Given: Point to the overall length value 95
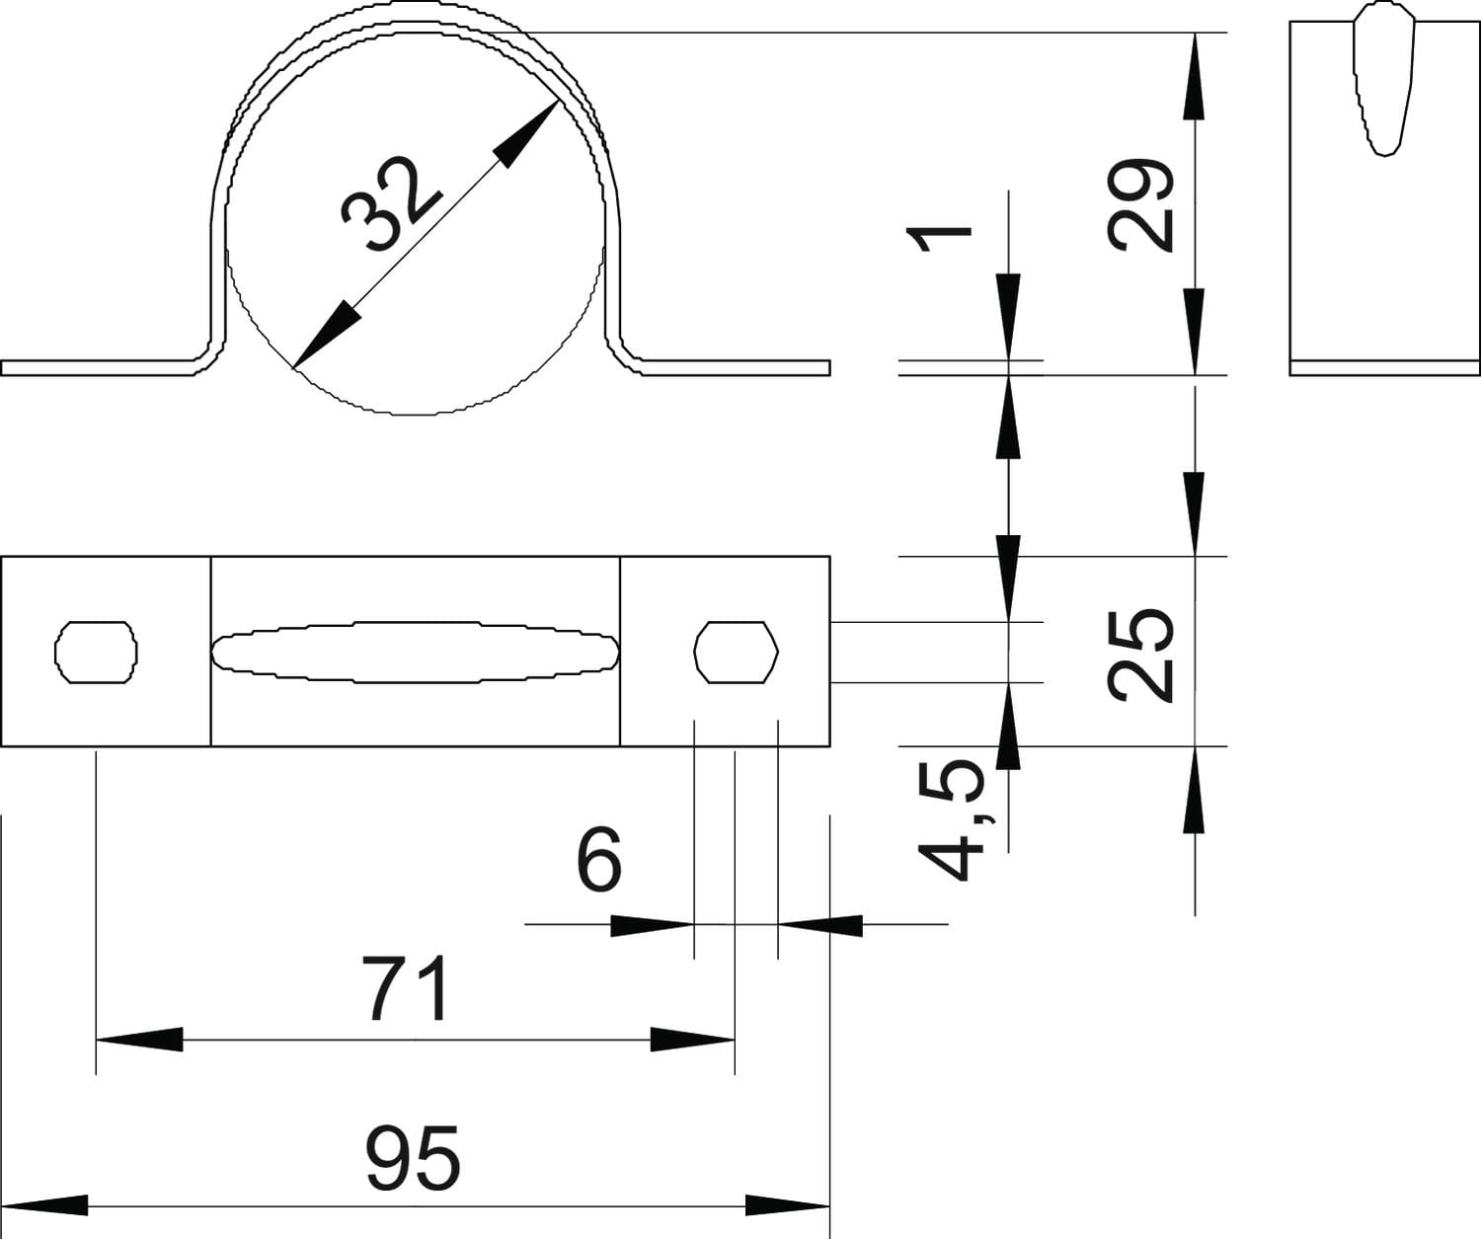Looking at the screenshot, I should (x=413, y=1157).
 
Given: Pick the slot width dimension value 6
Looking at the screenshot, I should (x=599, y=860).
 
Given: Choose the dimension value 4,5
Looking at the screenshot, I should (x=952, y=819).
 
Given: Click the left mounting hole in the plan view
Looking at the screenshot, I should (x=96, y=652).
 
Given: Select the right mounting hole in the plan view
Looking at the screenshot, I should (x=737, y=652).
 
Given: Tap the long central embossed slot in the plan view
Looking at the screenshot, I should (x=416, y=653).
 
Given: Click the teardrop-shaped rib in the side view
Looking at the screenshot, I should (x=1384, y=79).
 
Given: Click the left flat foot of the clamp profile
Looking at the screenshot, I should (x=99, y=368).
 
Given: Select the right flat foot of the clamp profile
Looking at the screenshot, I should (x=736, y=368).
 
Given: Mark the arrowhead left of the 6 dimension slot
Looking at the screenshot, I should (x=650, y=925).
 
